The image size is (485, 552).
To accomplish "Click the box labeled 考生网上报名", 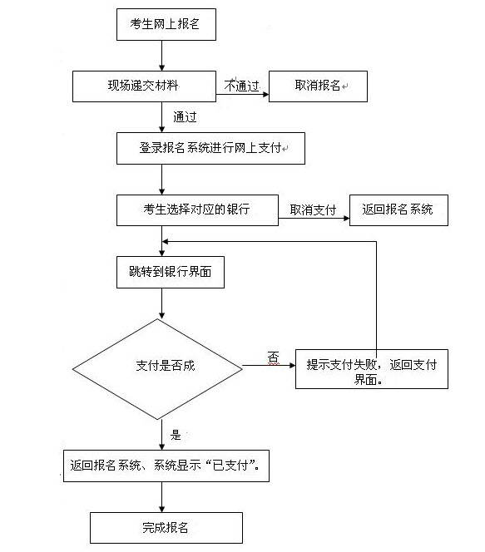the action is [x=166, y=25].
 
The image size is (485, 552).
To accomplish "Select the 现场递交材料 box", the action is [x=144, y=86].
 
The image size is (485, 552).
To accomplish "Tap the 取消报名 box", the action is [x=318, y=86].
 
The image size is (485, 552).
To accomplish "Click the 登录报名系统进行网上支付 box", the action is [x=210, y=148].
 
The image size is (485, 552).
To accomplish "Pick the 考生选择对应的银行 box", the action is [x=197, y=210].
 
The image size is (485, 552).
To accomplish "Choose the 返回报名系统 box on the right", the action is [x=398, y=210].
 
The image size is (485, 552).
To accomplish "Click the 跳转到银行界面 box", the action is [x=171, y=272].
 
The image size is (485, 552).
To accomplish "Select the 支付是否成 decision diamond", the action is [x=157, y=369].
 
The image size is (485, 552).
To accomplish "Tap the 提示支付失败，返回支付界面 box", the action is [x=372, y=369].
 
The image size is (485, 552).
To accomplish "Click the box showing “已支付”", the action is [x=166, y=466].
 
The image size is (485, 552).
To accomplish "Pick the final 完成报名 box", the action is [x=166, y=528].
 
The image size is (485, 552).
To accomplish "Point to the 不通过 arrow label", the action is [x=241, y=86].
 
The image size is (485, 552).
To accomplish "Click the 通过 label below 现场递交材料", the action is [x=185, y=117].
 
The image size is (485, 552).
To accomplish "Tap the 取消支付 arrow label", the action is [x=313, y=210].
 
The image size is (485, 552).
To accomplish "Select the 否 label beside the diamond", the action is [x=274, y=357].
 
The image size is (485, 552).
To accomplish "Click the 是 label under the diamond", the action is [x=176, y=435].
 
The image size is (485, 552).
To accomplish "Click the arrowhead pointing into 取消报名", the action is [x=266, y=94].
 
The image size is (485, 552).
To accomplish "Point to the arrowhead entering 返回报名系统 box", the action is [x=346, y=219].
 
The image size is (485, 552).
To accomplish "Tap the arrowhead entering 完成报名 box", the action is [x=162, y=509].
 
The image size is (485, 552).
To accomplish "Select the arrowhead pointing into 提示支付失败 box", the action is [x=292, y=366].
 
